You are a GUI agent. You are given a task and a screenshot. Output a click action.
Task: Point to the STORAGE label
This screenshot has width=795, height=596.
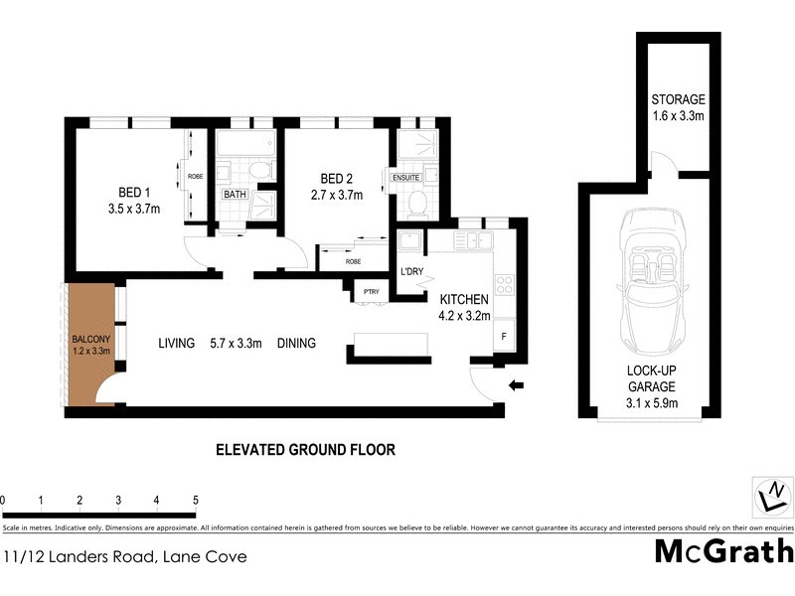pyautogui.click(x=678, y=100)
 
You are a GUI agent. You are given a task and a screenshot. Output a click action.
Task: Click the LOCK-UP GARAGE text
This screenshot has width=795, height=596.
pyautogui.click(x=650, y=378)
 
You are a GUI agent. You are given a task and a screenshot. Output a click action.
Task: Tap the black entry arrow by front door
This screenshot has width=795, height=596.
pyautogui.click(x=516, y=385)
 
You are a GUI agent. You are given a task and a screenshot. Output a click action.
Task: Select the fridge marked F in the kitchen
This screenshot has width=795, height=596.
pyautogui.click(x=503, y=336)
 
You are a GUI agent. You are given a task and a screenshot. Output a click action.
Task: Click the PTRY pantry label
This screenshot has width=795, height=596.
pyautogui.click(x=372, y=291)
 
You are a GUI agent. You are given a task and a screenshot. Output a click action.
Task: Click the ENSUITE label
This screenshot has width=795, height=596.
pyautogui.click(x=405, y=178)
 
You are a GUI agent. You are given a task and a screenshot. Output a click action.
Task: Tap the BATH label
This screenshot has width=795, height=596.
pyautogui.click(x=235, y=195)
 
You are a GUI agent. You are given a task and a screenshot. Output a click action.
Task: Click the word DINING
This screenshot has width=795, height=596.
pyautogui.click(x=296, y=344)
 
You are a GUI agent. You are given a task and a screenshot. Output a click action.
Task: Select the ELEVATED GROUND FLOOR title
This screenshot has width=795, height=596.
pyautogui.click(x=305, y=450)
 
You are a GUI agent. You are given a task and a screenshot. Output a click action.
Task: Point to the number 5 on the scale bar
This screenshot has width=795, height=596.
pyautogui.click(x=196, y=500)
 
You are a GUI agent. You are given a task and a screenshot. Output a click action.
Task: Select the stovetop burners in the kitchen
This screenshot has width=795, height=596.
pyautogui.click(x=504, y=284)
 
